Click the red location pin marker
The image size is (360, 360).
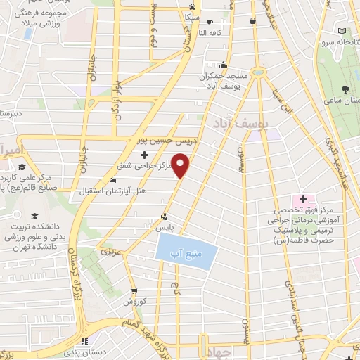tap(181, 166)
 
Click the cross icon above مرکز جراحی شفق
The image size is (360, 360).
tap(145, 155)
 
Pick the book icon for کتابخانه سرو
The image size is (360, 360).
tap(342, 32)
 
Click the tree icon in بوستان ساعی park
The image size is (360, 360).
tap(346, 89)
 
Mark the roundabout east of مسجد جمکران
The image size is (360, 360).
tap(258, 72)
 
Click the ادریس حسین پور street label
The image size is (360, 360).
tap(165, 141)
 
